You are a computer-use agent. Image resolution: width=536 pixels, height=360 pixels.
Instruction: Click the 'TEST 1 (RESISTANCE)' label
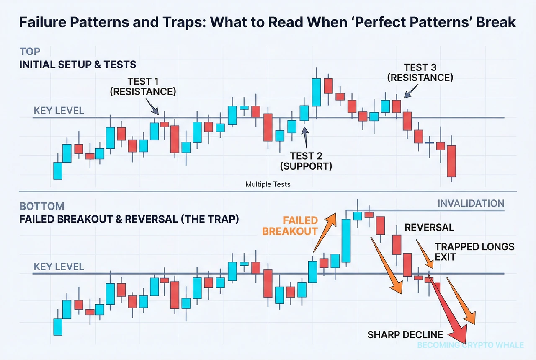click(x=142, y=86)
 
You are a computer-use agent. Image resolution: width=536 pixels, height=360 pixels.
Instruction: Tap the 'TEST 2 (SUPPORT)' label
click(x=306, y=161)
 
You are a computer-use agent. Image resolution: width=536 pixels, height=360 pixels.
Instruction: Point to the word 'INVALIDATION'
click(x=471, y=204)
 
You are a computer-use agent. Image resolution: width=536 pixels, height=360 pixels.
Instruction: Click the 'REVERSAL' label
click(x=429, y=228)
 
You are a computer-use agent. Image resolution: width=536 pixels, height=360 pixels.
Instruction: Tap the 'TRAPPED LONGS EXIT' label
click(x=474, y=251)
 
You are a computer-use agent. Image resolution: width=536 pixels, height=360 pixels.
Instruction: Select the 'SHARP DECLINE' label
click(x=405, y=334)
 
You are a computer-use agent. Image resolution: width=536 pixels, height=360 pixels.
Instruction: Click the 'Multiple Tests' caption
click(x=268, y=184)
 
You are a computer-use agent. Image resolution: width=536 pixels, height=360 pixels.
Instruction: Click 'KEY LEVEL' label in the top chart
click(x=59, y=111)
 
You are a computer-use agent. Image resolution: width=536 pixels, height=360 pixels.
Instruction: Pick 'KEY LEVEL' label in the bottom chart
click(x=59, y=267)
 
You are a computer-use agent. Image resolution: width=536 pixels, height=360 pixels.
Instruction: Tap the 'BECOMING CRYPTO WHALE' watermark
click(x=471, y=345)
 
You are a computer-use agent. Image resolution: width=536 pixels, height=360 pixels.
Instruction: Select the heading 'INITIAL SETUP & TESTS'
click(x=78, y=65)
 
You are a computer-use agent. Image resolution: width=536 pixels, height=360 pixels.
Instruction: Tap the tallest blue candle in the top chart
click(x=317, y=92)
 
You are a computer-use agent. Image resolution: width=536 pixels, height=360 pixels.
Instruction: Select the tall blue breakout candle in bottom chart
click(x=346, y=240)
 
